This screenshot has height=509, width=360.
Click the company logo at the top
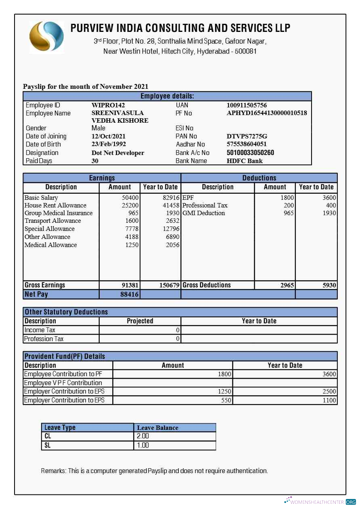pyautogui.click(x=46, y=37)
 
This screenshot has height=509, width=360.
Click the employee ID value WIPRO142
pyautogui.click(x=108, y=105)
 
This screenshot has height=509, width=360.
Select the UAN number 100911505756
pyautogui.click(x=247, y=105)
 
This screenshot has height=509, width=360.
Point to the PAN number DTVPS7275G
pyautogui.click(x=247, y=136)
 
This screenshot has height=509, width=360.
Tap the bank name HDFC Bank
pyautogui.click(x=245, y=161)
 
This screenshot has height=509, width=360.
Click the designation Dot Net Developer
pyautogui.click(x=118, y=153)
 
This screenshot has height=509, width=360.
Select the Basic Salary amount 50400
pyautogui.click(x=130, y=198)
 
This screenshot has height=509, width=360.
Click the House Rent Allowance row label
pyautogui.click(x=55, y=205)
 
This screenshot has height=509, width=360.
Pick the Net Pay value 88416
pyautogui.click(x=129, y=295)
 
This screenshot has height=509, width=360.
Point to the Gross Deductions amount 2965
pyautogui.click(x=287, y=285)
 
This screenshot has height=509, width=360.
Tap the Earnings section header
pyautogui.click(x=102, y=178)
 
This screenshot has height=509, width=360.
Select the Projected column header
pyautogui.click(x=140, y=321)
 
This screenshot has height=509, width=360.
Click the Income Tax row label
pyautogui.click(x=40, y=330)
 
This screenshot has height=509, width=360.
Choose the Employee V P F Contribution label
pyautogui.click(x=63, y=383)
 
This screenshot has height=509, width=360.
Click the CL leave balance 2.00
pyautogui.click(x=143, y=436)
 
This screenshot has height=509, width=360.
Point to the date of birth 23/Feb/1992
pyautogui.click(x=109, y=144)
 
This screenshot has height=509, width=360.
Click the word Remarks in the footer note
pyautogui.click(x=53, y=471)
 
